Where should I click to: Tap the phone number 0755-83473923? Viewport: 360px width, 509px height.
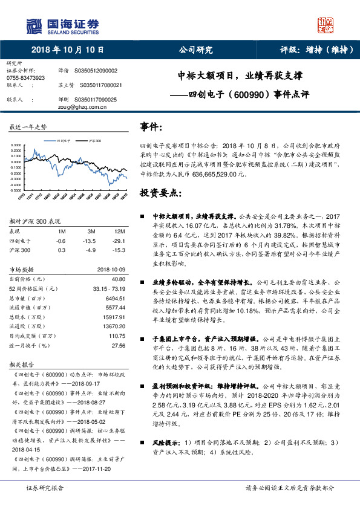pyautogui.click(x=25, y=78)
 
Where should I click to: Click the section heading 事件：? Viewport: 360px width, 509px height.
pyautogui.click(x=151, y=127)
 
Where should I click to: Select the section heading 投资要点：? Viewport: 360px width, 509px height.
pyautogui.click(x=160, y=193)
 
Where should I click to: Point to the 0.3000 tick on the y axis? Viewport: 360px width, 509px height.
pyautogui.click(x=16, y=145)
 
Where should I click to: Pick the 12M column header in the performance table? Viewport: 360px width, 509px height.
pyautogui.click(x=119, y=232)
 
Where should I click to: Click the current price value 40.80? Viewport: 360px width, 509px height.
pyautogui.click(x=119, y=279)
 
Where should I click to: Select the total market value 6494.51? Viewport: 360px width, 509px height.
pyautogui.click(x=115, y=299)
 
